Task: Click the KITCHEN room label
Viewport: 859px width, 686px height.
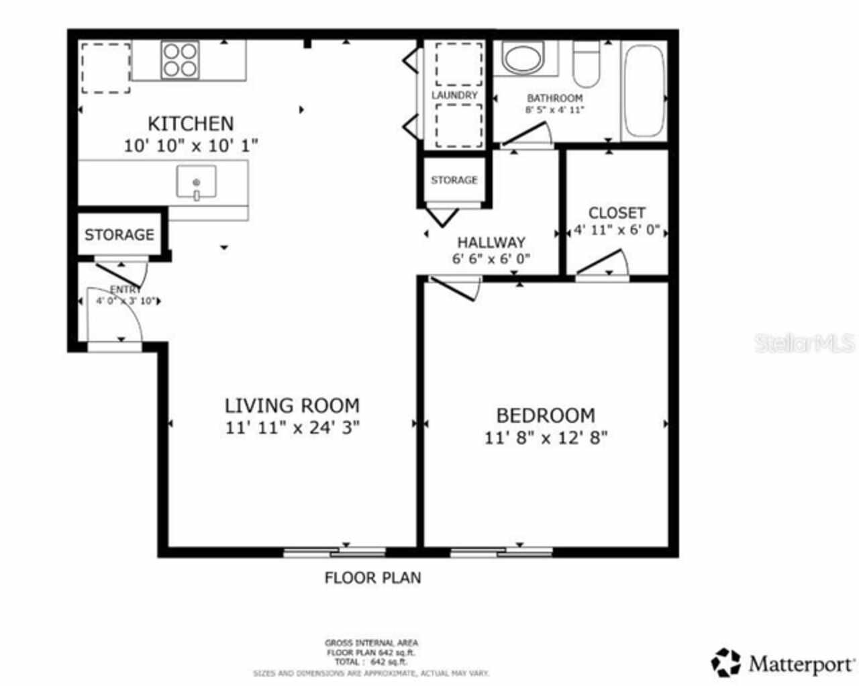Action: pos(191,124)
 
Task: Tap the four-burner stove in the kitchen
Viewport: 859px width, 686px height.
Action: pos(180,60)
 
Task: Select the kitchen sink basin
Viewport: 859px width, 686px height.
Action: pos(196,183)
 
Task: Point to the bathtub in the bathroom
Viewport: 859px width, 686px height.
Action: pos(643,91)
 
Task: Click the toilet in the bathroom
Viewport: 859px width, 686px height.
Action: pos(587,64)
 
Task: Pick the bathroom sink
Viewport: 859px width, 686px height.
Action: pos(525,58)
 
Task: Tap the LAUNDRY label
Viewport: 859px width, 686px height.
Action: pos(454,95)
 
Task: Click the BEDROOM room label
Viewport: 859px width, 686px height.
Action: pos(545,415)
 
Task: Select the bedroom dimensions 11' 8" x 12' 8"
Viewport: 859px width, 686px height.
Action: pos(546,438)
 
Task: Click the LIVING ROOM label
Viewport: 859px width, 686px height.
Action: pos(292,405)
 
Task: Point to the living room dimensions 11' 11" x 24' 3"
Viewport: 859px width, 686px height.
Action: pos(292,428)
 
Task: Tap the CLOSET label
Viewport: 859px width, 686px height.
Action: pos(617,213)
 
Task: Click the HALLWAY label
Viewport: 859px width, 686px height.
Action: pos(491,242)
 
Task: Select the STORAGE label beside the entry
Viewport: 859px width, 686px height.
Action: pos(119,234)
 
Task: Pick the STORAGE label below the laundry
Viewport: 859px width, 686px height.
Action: pos(454,180)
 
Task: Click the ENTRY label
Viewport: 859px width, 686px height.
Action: pos(125,289)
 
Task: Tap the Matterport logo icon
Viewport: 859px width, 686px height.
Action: pos(725,663)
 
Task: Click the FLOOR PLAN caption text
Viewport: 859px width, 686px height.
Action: pos(372,577)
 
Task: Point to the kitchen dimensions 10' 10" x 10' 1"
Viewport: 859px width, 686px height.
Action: pos(191,145)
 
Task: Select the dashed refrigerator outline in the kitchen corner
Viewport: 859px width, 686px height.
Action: pos(105,68)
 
